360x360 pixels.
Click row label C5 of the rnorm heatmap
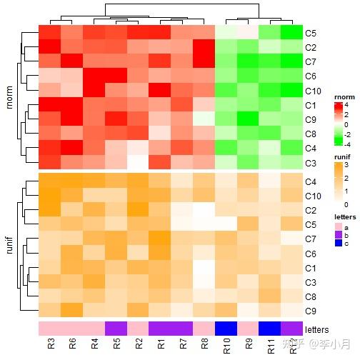tap(310, 33)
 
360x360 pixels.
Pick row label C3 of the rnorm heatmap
tap(310, 164)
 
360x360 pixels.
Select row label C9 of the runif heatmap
tap(310, 311)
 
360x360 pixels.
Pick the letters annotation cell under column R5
tap(116, 328)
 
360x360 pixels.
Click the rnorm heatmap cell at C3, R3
tap(49, 164)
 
